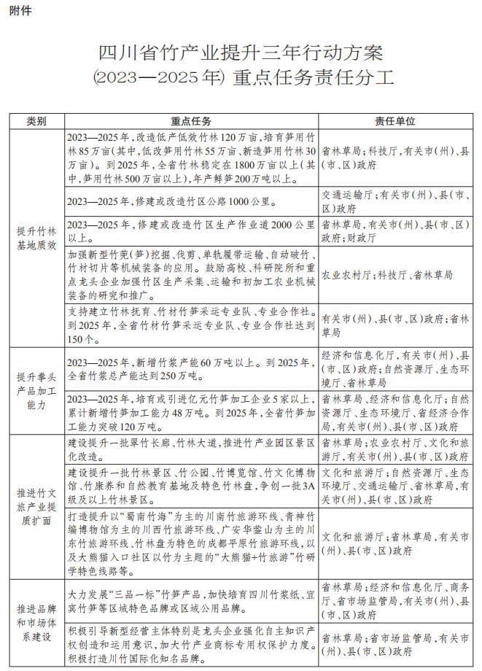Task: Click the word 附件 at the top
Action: pos(21,11)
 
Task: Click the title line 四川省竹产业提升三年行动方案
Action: pos(240,55)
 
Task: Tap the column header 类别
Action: pos(36,120)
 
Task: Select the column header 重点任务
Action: pos(191,120)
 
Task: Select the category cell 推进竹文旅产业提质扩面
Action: pos(36,505)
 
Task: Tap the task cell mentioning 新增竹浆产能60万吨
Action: pos(191,369)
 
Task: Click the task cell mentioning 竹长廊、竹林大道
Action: pos(191,449)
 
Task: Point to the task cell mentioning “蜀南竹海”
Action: pos(191,542)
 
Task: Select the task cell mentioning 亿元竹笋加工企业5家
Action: pos(191,412)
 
